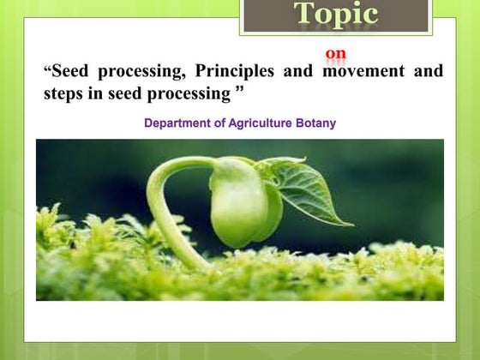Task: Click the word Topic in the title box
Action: (336, 15)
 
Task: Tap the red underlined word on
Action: (336, 54)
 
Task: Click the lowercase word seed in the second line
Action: (126, 93)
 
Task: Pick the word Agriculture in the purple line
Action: (257, 123)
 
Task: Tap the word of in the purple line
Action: (219, 123)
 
